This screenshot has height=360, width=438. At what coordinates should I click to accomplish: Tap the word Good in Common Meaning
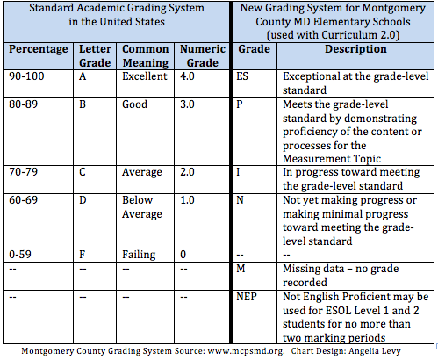135,102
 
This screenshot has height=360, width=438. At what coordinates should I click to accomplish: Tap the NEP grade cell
248,296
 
